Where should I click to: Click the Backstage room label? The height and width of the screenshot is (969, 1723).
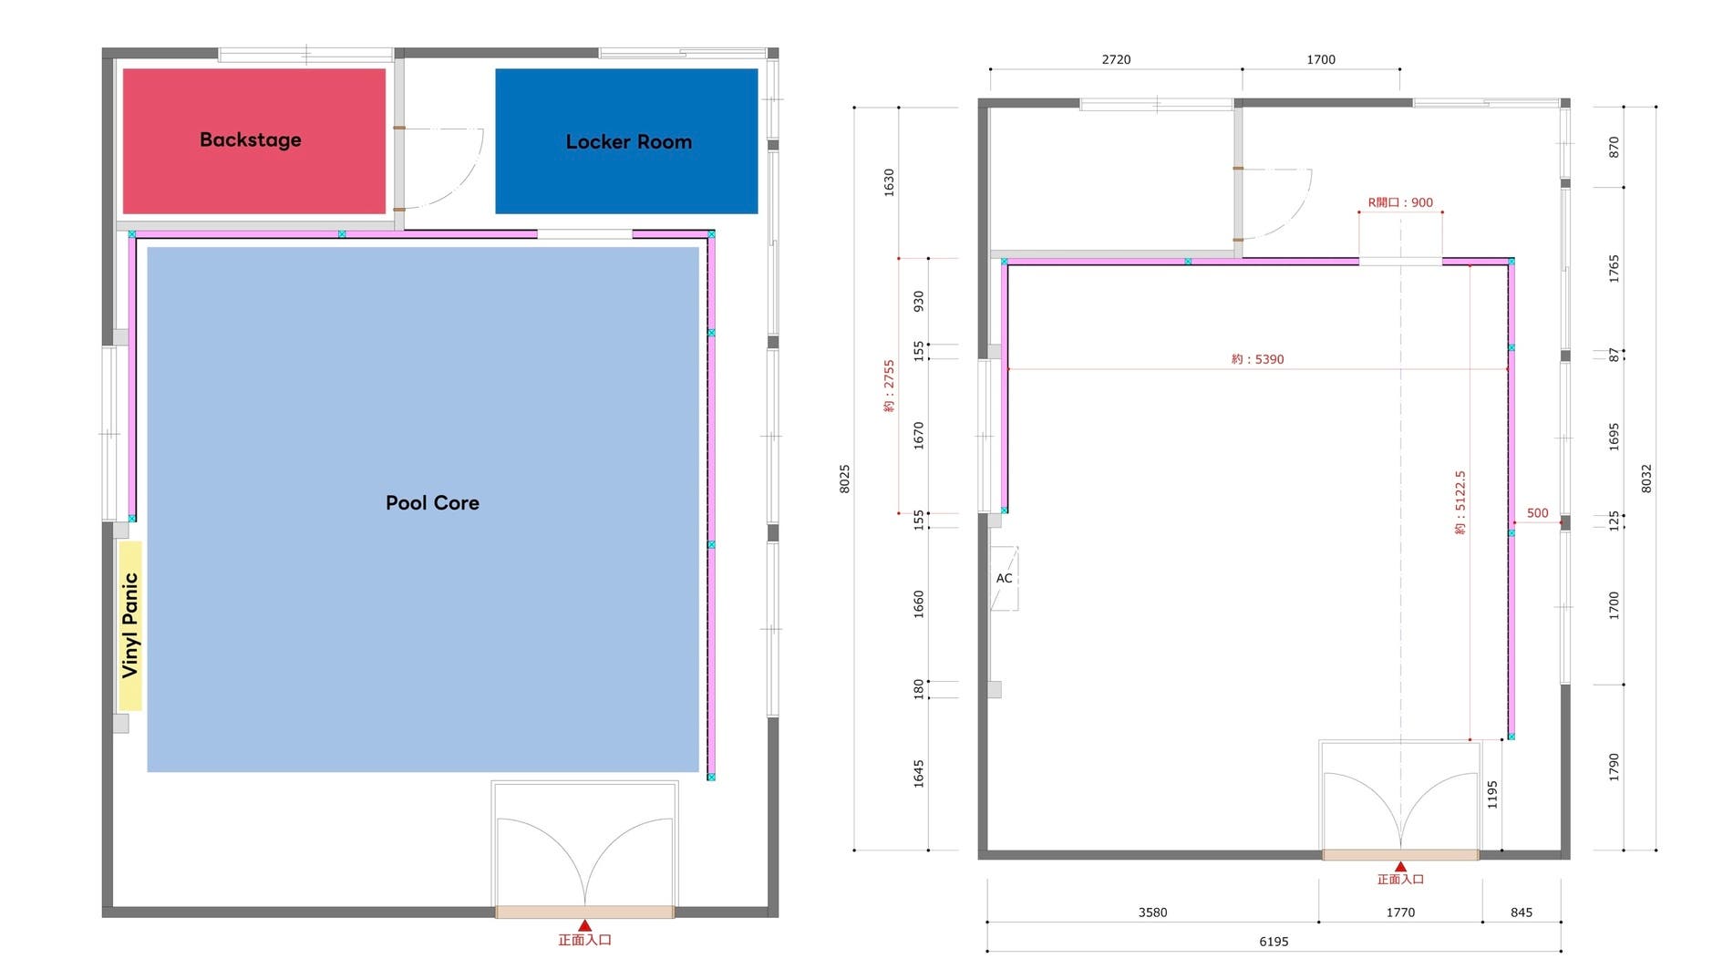(x=250, y=139)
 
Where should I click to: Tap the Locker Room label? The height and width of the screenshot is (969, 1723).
(x=628, y=141)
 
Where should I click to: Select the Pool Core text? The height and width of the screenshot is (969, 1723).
(x=432, y=502)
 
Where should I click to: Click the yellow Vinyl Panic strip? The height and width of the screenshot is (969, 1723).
(x=129, y=625)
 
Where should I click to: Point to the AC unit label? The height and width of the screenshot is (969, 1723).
(x=1004, y=578)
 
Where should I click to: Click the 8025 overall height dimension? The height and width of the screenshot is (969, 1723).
(x=844, y=479)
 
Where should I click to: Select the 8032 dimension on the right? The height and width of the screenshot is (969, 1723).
(x=1646, y=479)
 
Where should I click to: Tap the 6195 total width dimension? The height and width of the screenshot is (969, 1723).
(x=1274, y=942)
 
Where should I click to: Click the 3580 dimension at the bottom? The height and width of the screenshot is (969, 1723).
(x=1152, y=912)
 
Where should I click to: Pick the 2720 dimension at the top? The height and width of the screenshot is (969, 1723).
(x=1116, y=59)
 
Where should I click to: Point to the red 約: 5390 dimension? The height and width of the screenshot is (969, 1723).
(x=1257, y=359)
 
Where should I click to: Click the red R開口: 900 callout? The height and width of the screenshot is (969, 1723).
(x=1400, y=202)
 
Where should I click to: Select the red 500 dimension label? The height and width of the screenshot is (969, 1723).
(x=1537, y=513)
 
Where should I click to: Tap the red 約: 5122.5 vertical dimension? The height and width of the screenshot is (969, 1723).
(x=1460, y=502)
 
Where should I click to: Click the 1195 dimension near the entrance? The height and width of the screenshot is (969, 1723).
(x=1492, y=795)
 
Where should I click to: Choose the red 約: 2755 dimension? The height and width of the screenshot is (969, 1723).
(x=889, y=386)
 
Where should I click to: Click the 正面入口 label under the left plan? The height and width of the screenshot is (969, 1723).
(x=584, y=940)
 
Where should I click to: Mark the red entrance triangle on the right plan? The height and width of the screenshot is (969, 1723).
(x=1400, y=867)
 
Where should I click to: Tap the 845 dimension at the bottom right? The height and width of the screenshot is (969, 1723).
(x=1521, y=912)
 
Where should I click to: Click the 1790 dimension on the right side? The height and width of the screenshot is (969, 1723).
(x=1614, y=767)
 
